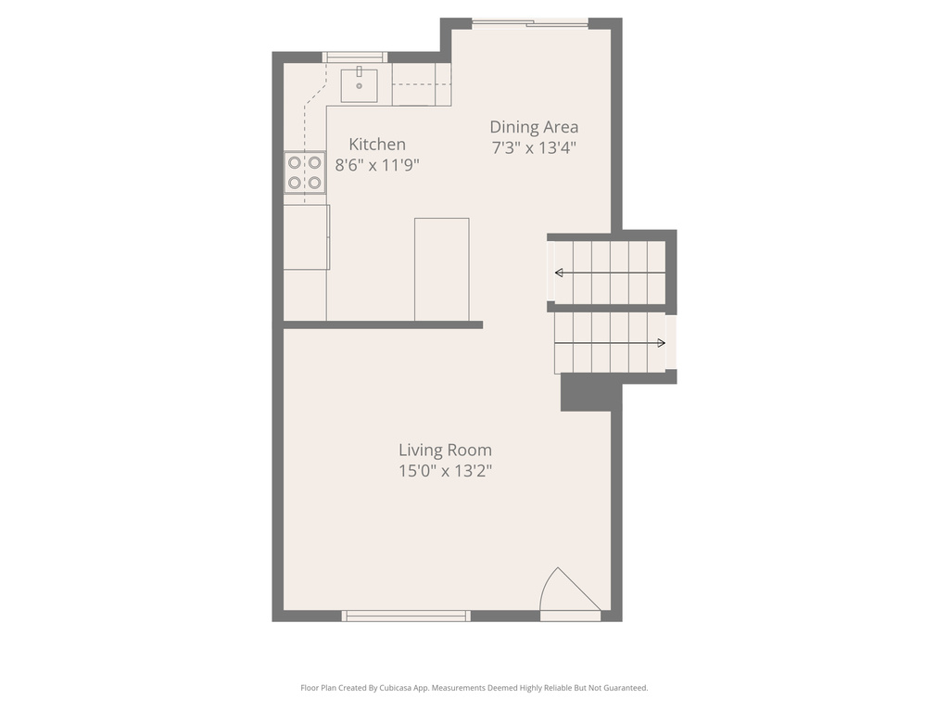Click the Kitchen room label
click(376, 145)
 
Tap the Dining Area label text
click(534, 127)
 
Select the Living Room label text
click(445, 451)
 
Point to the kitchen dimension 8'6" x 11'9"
click(377, 165)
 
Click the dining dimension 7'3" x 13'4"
click(534, 147)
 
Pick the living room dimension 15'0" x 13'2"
click(445, 471)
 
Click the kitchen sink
click(360, 84)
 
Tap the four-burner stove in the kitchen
click(304, 172)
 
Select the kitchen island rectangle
click(441, 269)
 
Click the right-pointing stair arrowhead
click(661, 343)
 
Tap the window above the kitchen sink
click(355, 57)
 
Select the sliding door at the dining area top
click(530, 23)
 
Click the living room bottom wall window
click(406, 616)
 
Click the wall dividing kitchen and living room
click(383, 324)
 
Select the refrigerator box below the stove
click(306, 237)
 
